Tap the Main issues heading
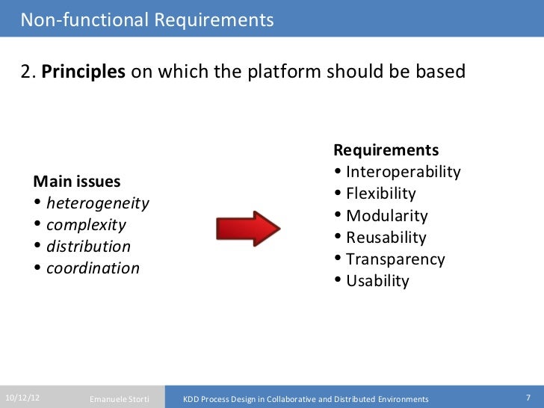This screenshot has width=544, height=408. tap(78, 182)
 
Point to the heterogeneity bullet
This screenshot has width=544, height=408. tap(97, 203)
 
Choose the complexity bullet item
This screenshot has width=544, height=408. tap(86, 225)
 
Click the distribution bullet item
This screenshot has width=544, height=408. tap(88, 247)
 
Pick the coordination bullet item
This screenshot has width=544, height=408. tap(93, 268)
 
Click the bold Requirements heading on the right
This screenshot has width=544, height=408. tap(386, 149)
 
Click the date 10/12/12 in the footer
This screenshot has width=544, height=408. tap(22, 398)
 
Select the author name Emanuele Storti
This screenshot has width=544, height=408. tap(120, 399)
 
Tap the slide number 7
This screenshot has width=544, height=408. tap(528, 398)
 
